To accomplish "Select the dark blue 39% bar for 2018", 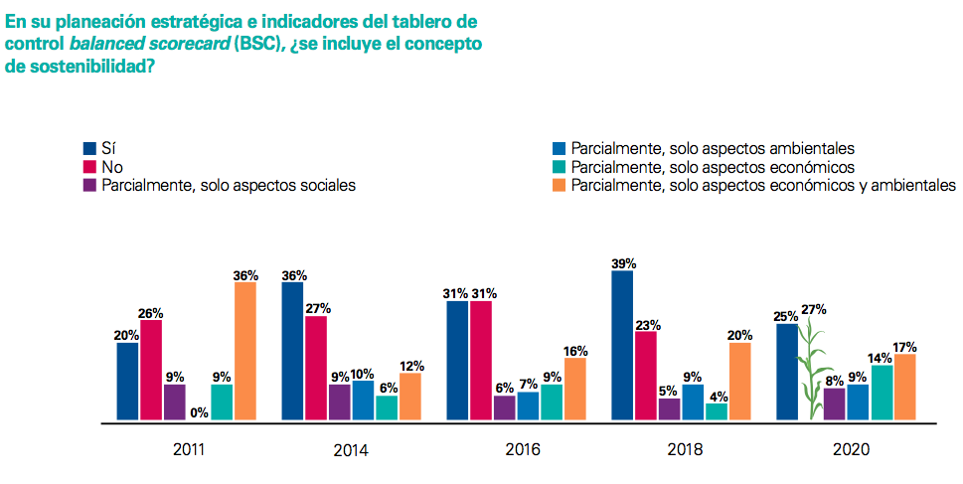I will click(x=622, y=345).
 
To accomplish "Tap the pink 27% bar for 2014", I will click(x=316, y=368).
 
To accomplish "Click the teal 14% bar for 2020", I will click(x=882, y=393).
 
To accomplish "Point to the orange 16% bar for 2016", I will click(x=575, y=389).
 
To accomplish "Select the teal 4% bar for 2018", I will click(x=717, y=410).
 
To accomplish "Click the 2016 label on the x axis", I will click(x=523, y=450).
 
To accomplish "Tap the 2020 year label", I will click(x=849, y=450).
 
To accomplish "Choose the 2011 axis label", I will click(x=189, y=450).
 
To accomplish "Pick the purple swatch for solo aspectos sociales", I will click(x=88, y=185).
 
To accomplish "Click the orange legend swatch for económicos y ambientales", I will click(x=559, y=185).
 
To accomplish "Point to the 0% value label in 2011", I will click(x=198, y=412).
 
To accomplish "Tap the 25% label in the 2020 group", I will click(x=786, y=316).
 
